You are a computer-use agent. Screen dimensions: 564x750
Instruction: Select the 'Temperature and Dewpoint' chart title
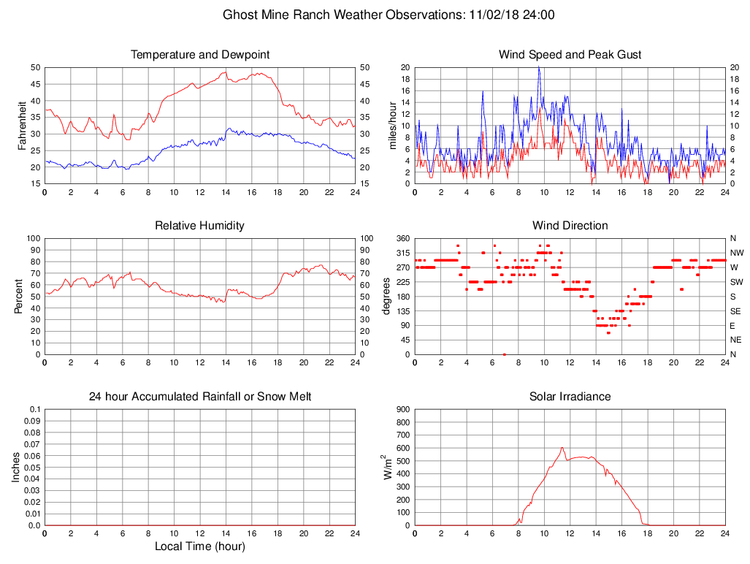click(200, 55)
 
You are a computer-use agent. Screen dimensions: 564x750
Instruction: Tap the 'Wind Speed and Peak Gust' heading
click(570, 55)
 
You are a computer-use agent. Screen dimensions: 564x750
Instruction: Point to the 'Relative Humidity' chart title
click(200, 226)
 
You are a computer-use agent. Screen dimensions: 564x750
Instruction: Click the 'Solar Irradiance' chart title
click(570, 397)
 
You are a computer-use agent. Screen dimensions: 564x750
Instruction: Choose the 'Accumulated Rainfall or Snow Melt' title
click(200, 397)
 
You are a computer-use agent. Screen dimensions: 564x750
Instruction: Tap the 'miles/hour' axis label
click(392, 126)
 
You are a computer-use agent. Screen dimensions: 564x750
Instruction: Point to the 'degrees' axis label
click(387, 297)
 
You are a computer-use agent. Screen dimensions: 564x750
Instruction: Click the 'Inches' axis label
click(16, 468)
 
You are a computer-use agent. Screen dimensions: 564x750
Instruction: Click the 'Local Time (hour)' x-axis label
click(200, 546)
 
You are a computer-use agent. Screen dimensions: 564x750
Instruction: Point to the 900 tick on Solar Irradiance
click(402, 410)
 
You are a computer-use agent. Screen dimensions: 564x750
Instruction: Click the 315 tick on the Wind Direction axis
click(402, 253)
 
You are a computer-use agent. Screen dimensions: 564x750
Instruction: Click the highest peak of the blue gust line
click(539, 67)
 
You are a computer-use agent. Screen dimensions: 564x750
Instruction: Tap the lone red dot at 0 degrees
click(505, 354)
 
